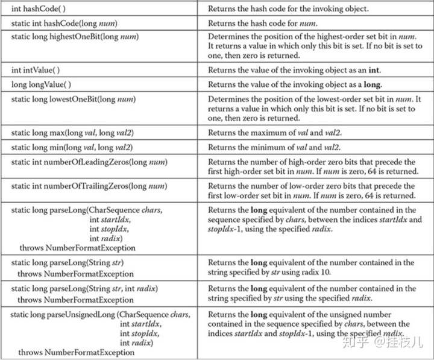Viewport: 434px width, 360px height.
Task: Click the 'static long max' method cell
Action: click(72, 131)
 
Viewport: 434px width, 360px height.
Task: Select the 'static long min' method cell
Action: click(71, 146)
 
